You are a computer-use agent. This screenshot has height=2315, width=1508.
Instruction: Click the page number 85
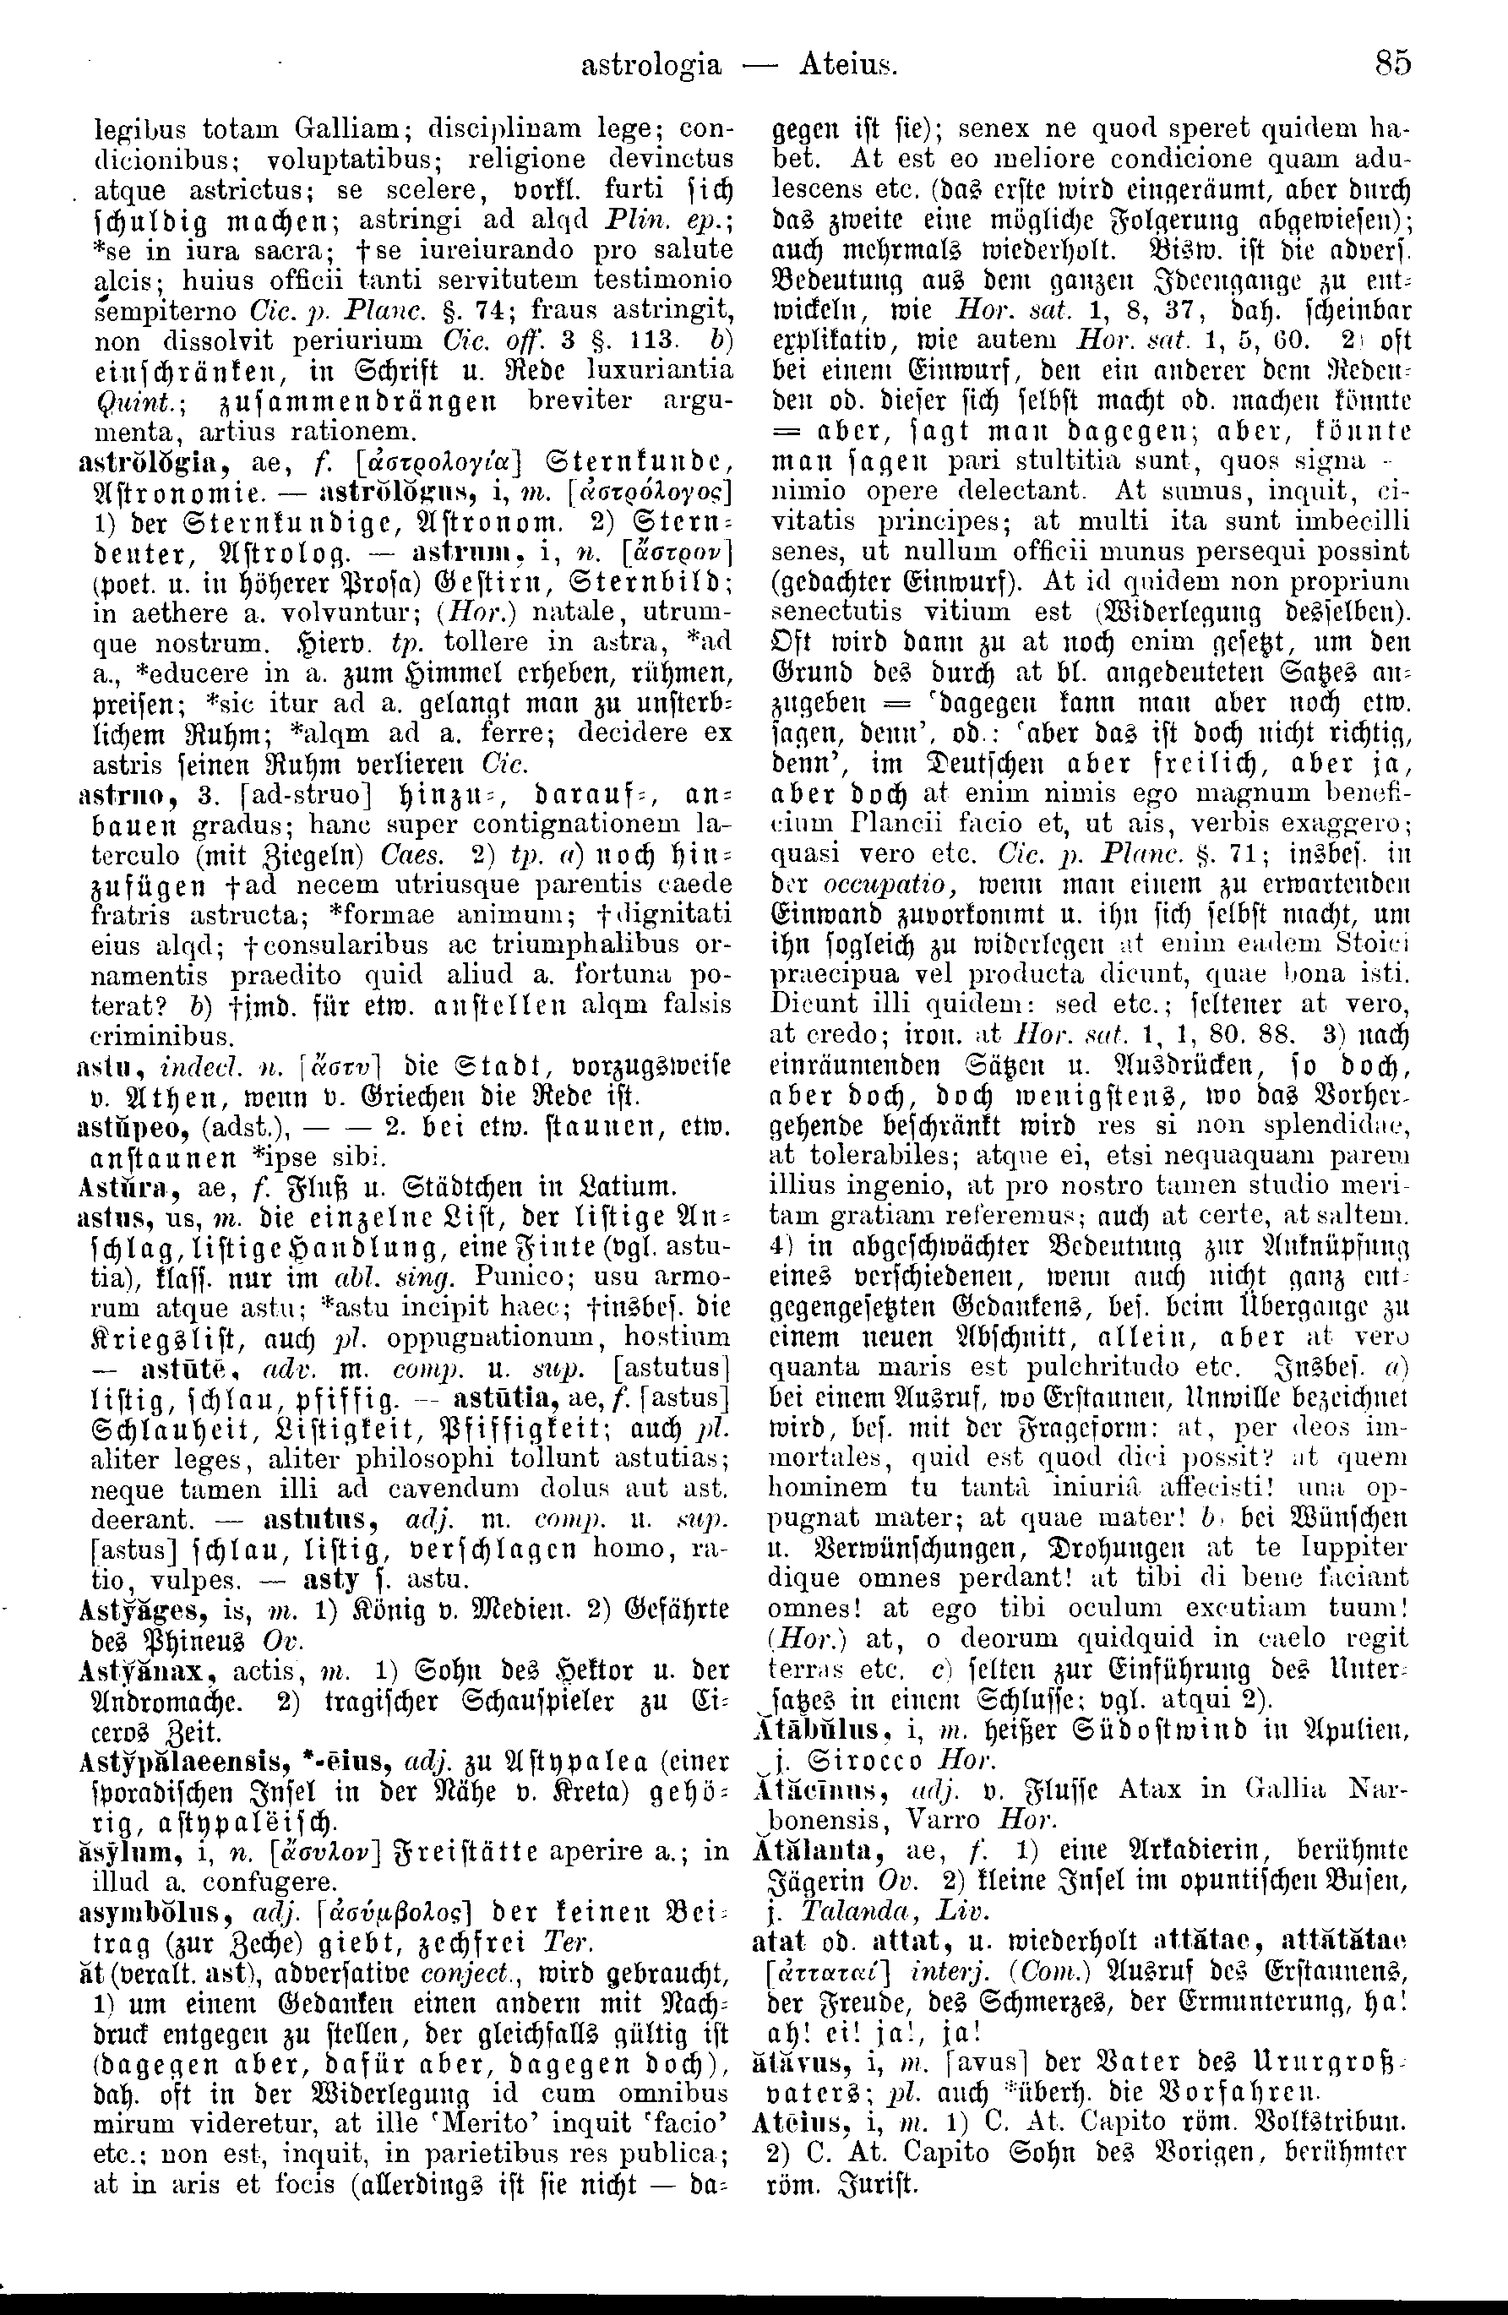pos(1392,64)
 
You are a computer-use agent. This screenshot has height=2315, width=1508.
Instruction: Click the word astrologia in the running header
pos(651,65)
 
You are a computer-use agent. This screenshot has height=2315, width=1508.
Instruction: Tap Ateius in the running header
pos(847,65)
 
